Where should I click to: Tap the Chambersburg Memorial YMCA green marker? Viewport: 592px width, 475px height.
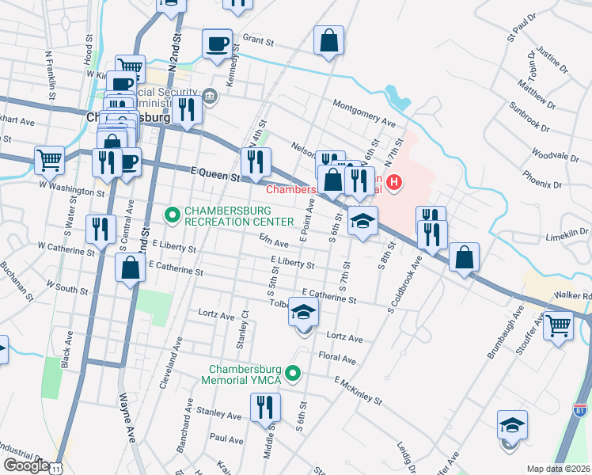point(294,373)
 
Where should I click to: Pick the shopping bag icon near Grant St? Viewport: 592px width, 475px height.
point(328,40)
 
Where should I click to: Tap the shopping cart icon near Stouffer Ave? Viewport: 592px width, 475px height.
point(559,325)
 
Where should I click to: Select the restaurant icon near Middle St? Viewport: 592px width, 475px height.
point(265,407)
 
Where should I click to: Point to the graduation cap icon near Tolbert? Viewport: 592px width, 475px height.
point(303,313)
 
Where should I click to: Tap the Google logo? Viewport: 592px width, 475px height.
point(27,465)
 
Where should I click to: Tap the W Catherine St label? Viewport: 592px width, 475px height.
point(66,249)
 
